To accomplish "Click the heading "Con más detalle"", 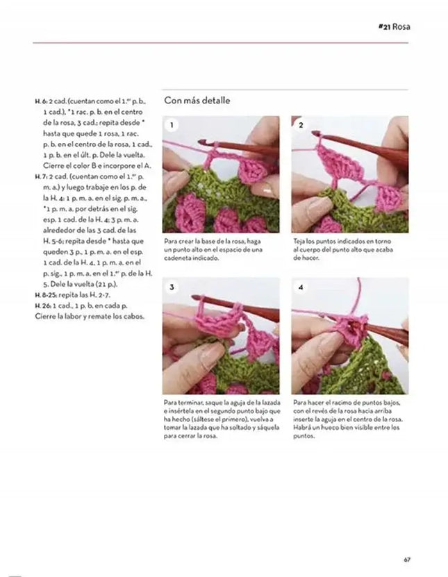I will [197, 101].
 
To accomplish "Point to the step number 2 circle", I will [301, 126].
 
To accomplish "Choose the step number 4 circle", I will [301, 287].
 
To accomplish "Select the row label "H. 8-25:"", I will [44, 294].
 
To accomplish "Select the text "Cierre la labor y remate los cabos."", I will [90, 316].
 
